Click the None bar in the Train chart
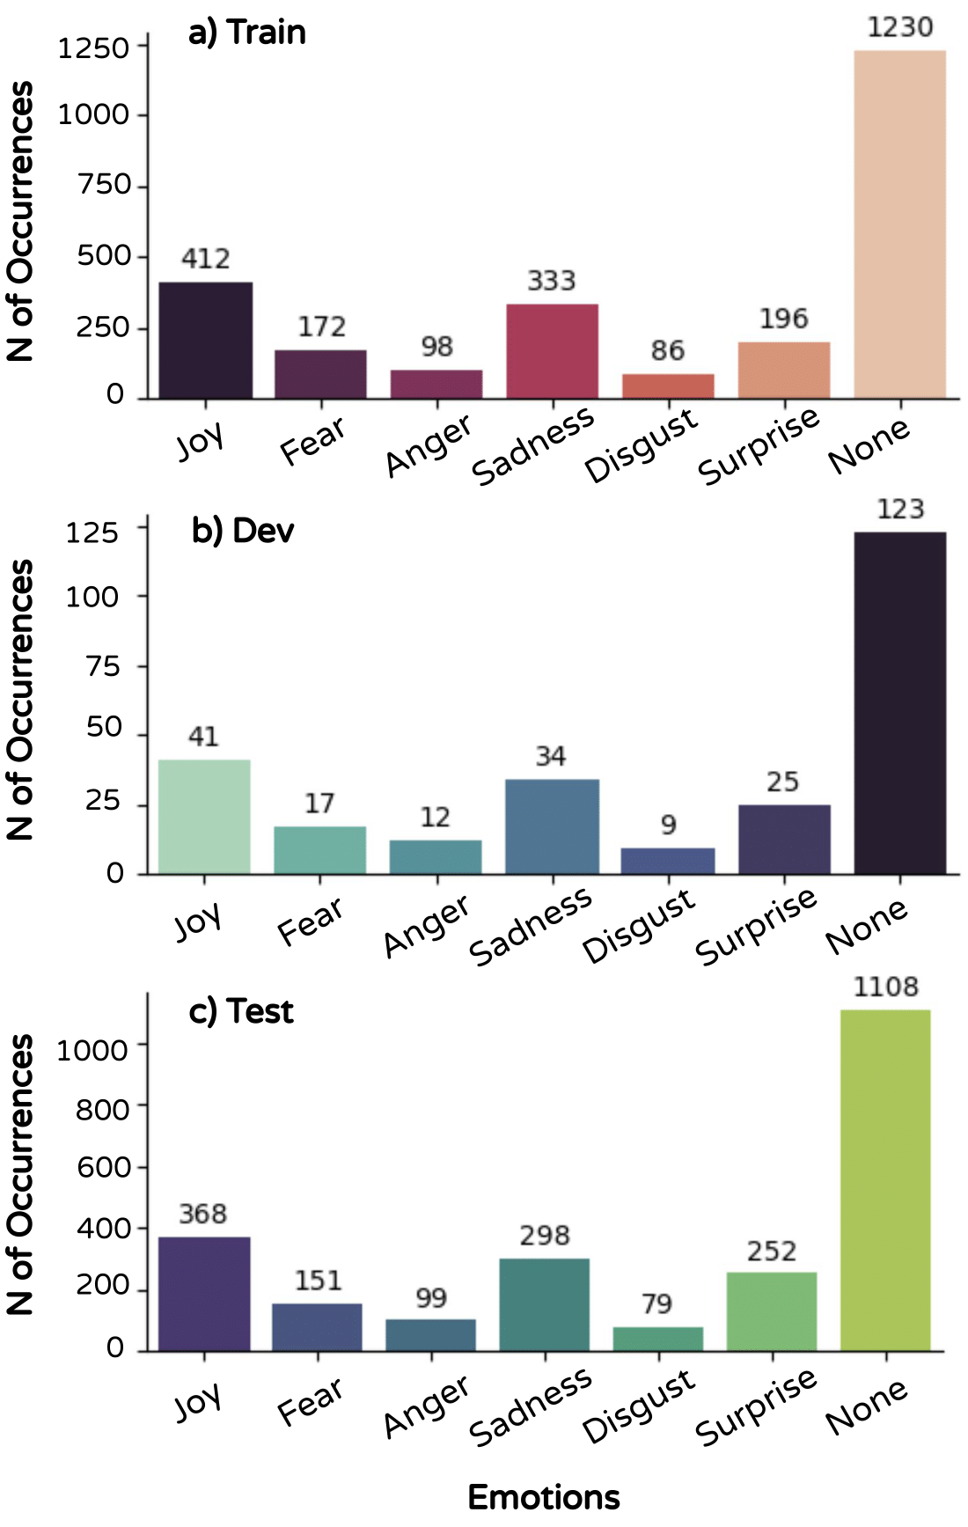click(899, 224)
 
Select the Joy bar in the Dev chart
click(204, 816)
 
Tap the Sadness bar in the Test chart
click(544, 1303)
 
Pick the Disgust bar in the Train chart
click(668, 386)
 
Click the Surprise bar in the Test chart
click(772, 1310)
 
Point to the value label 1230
click(899, 27)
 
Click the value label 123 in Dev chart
click(899, 510)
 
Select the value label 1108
click(885, 987)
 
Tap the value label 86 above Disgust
click(668, 351)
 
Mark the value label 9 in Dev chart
click(669, 825)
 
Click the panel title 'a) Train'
click(247, 33)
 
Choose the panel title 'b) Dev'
click(243, 531)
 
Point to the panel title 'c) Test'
click(241, 1011)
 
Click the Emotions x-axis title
click(543, 1497)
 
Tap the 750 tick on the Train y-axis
click(104, 185)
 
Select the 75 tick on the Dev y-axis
click(103, 666)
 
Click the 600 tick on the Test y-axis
click(103, 1167)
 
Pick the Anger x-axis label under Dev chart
click(428, 925)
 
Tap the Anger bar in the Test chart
click(430, 1334)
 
